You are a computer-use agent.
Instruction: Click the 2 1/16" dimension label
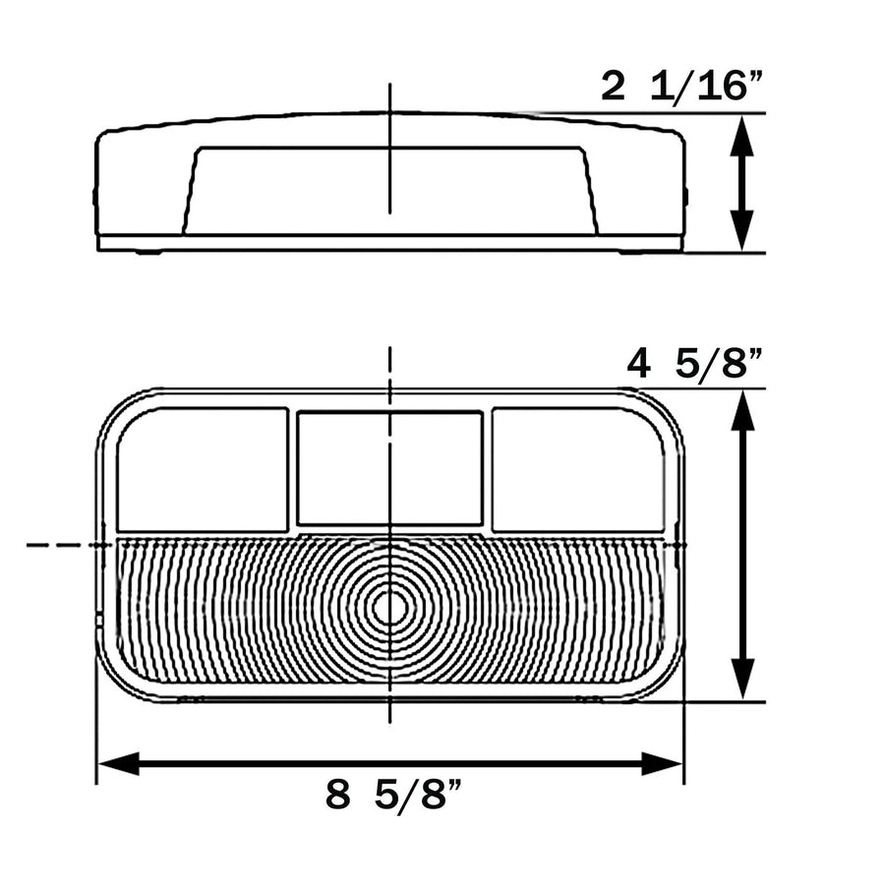(x=681, y=87)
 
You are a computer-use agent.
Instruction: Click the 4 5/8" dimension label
(x=695, y=364)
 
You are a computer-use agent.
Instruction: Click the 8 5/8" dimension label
(x=393, y=795)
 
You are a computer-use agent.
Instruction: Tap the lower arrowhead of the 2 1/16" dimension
(x=741, y=230)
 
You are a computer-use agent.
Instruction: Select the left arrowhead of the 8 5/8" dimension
(x=119, y=764)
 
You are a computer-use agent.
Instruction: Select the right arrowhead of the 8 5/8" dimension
(x=662, y=764)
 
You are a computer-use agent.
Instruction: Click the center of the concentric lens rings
(x=389, y=609)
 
